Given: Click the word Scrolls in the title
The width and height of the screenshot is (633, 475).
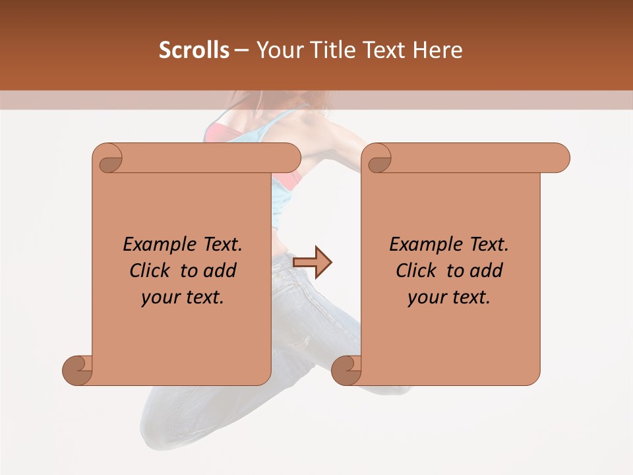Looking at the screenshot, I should point(194,50).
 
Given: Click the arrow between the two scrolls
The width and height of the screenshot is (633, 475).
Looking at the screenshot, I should point(313,262).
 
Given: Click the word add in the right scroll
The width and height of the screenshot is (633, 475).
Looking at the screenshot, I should point(487,270).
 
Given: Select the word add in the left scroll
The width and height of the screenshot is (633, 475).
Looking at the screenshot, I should point(221,270).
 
